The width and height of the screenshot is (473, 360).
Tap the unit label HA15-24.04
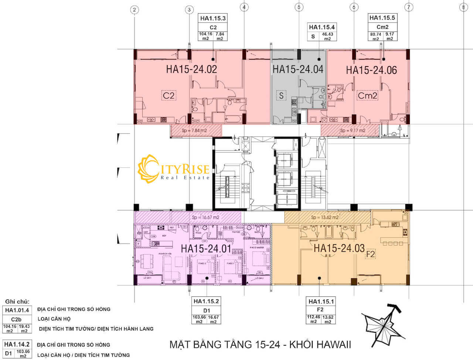click(298, 69)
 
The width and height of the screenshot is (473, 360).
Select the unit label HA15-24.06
click(371, 70)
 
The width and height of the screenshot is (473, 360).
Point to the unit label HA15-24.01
click(206, 249)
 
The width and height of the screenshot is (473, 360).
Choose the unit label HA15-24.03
click(339, 248)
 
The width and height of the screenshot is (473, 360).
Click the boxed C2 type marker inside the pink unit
click(169, 95)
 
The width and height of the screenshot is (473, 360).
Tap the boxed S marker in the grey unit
click(282, 96)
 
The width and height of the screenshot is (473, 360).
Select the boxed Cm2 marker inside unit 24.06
click(367, 96)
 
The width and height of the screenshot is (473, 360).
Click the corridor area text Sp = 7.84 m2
click(194, 130)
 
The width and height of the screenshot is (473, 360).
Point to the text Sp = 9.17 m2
click(353, 130)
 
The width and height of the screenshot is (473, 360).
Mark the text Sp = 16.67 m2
click(205, 217)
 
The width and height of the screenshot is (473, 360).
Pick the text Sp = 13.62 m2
click(325, 217)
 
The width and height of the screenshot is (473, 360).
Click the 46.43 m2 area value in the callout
click(327, 36)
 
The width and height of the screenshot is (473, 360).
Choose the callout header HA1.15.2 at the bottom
click(206, 301)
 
